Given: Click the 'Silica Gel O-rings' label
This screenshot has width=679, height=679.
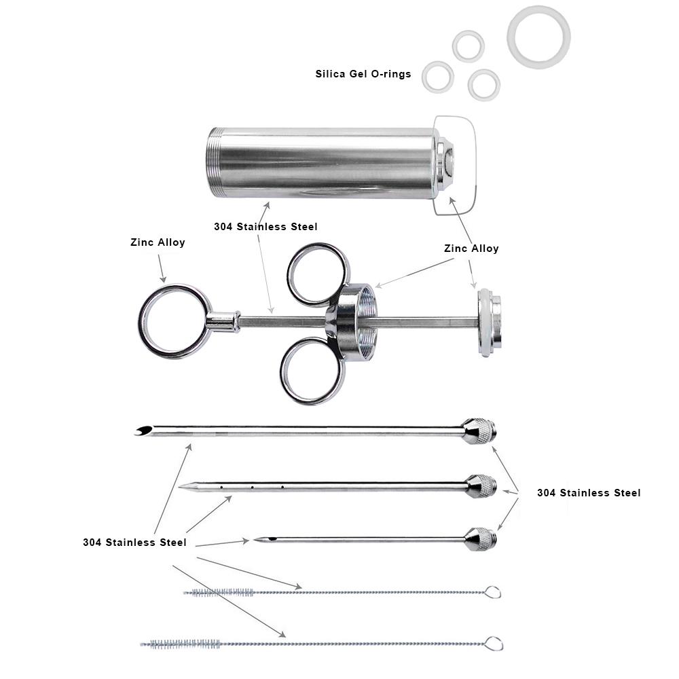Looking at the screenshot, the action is [x=363, y=74].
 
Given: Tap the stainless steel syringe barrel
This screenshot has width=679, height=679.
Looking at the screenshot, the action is [x=320, y=163].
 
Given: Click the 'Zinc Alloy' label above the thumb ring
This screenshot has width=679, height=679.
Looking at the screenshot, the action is [x=158, y=242].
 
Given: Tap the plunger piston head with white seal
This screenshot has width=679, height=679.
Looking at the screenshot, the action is [x=490, y=323].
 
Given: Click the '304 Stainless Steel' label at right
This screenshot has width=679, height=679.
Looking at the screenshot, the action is [x=589, y=493].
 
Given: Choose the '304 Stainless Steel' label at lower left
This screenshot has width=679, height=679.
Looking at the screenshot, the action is [x=134, y=542].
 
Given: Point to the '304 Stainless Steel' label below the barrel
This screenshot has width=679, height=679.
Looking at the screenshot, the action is [x=265, y=227].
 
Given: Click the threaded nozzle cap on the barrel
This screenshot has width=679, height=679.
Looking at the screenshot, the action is [x=444, y=164].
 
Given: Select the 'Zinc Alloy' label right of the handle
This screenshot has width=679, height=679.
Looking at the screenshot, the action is [x=471, y=249].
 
